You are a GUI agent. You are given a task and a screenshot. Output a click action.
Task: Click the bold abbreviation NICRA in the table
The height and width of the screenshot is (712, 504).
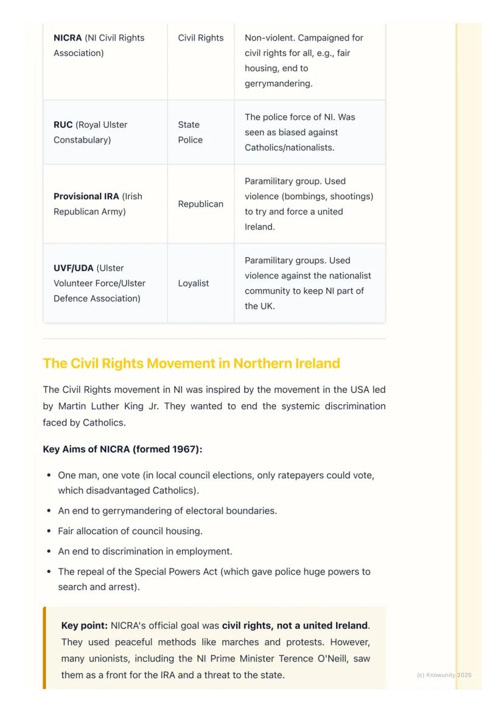[68, 38]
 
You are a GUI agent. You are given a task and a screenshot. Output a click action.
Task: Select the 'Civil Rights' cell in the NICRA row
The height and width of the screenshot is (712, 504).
[200, 38]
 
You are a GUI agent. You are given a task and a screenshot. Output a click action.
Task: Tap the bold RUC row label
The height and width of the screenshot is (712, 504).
[63, 125]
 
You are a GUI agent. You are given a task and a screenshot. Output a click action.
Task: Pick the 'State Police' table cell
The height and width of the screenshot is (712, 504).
[190, 132]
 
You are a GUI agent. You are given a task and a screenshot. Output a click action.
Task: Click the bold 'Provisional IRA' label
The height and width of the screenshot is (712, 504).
[86, 196]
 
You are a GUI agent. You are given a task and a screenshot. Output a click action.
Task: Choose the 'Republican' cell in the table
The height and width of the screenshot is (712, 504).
[200, 204]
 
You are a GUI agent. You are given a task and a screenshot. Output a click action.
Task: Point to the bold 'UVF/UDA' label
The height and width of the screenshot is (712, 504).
[74, 268]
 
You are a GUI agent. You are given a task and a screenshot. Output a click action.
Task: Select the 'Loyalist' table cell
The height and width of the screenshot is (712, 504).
[193, 283]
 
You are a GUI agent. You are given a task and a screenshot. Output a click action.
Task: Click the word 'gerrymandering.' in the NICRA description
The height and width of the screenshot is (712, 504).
[278, 83]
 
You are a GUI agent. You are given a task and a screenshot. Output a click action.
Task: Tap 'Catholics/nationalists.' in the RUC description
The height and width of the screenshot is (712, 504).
[289, 147]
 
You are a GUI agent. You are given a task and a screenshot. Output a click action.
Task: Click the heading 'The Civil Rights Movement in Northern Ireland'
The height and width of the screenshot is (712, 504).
[191, 364]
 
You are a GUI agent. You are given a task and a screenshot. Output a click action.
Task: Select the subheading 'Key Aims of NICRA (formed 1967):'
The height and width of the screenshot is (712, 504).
[122, 449]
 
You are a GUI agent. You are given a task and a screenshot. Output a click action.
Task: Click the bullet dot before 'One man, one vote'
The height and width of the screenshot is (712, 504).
[48, 475]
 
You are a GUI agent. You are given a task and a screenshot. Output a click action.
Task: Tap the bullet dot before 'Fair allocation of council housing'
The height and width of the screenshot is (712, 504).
[48, 531]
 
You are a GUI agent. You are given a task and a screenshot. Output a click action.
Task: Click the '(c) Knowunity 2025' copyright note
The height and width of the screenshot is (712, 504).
[444, 675]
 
